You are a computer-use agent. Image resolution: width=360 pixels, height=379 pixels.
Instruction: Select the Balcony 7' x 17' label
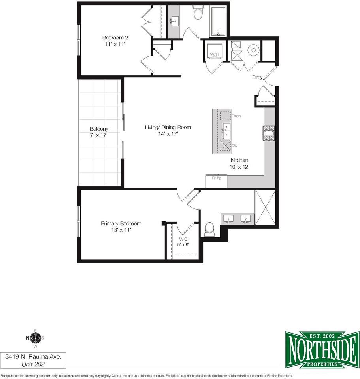pyautogui.click(x=99, y=132)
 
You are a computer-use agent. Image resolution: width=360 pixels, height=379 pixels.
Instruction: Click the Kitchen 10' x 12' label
pyautogui.click(x=239, y=163)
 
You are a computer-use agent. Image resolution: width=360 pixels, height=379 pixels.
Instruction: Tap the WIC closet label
pyautogui.click(x=183, y=242)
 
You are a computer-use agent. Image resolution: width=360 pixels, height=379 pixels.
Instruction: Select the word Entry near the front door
pyautogui.click(x=257, y=77)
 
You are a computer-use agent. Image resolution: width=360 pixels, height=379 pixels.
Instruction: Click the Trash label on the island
pyautogui.click(x=236, y=116)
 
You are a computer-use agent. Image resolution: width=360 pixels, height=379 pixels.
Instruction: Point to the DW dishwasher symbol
pyautogui.click(x=225, y=146)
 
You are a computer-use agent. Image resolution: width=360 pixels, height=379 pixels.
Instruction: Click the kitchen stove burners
pyautogui.click(x=269, y=133)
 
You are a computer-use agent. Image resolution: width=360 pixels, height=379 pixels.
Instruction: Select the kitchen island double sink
pyautogui.click(x=226, y=131)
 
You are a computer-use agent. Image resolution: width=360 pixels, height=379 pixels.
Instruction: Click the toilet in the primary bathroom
pyautogui.click(x=209, y=229)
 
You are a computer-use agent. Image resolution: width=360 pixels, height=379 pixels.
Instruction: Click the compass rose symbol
pyautogui.click(x=35, y=338)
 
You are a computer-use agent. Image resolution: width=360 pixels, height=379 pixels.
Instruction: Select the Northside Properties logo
pyautogui.click(x=322, y=349)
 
